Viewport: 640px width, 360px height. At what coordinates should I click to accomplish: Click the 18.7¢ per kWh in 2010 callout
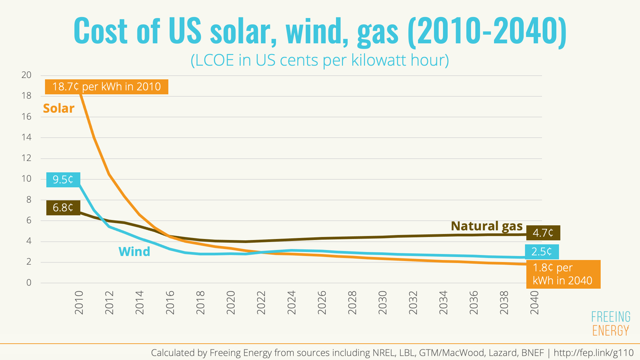pyautogui.click(x=107, y=87)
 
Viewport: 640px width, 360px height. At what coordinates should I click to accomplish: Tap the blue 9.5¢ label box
pyautogui.click(x=63, y=180)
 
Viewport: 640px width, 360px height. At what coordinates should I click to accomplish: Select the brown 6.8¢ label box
pyautogui.click(x=63, y=208)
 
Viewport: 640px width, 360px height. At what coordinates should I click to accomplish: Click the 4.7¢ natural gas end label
pyautogui.click(x=543, y=233)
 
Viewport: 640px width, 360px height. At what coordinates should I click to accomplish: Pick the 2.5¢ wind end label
pyautogui.click(x=542, y=252)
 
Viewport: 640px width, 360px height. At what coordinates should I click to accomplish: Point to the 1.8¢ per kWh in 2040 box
pyautogui.click(x=563, y=274)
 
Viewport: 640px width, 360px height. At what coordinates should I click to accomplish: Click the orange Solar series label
pyautogui.click(x=59, y=108)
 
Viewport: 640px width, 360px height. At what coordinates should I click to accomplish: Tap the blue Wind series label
pyautogui.click(x=134, y=252)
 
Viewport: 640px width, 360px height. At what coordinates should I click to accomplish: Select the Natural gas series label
pyautogui.click(x=487, y=226)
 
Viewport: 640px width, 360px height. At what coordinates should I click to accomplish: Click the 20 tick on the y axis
pyautogui.click(x=26, y=75)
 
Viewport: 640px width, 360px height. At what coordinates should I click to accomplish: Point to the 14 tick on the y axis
pyautogui.click(x=26, y=137)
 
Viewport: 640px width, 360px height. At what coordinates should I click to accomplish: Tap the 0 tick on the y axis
pyautogui.click(x=29, y=283)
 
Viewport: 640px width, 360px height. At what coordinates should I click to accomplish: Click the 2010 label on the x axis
pyautogui.click(x=79, y=303)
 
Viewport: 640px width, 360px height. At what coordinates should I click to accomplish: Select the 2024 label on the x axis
pyautogui.click(x=292, y=303)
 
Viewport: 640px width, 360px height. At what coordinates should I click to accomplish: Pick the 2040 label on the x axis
pyautogui.click(x=535, y=303)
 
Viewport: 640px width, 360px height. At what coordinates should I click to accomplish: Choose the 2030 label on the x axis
pyautogui.click(x=383, y=303)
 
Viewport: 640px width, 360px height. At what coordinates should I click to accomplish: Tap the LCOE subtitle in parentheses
pyautogui.click(x=320, y=60)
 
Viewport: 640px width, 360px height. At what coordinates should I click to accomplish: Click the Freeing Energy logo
pyautogui.click(x=611, y=323)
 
